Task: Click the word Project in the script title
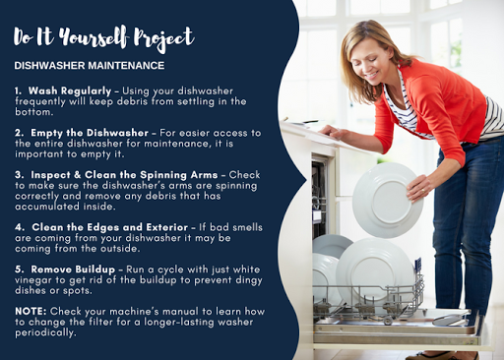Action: click(x=164, y=38)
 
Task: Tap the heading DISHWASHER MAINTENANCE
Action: click(x=90, y=66)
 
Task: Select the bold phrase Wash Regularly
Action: click(x=70, y=90)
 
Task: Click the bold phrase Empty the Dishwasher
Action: click(x=90, y=133)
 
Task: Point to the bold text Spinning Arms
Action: click(x=179, y=175)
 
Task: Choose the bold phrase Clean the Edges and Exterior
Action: click(x=110, y=227)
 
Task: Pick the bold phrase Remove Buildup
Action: click(x=73, y=270)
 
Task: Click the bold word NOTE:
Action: click(x=31, y=311)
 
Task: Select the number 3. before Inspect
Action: click(x=19, y=175)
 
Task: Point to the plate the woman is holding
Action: click(x=388, y=201)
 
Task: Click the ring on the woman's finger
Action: click(x=423, y=191)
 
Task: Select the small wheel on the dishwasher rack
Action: click(x=388, y=321)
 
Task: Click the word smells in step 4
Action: click(x=245, y=227)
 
